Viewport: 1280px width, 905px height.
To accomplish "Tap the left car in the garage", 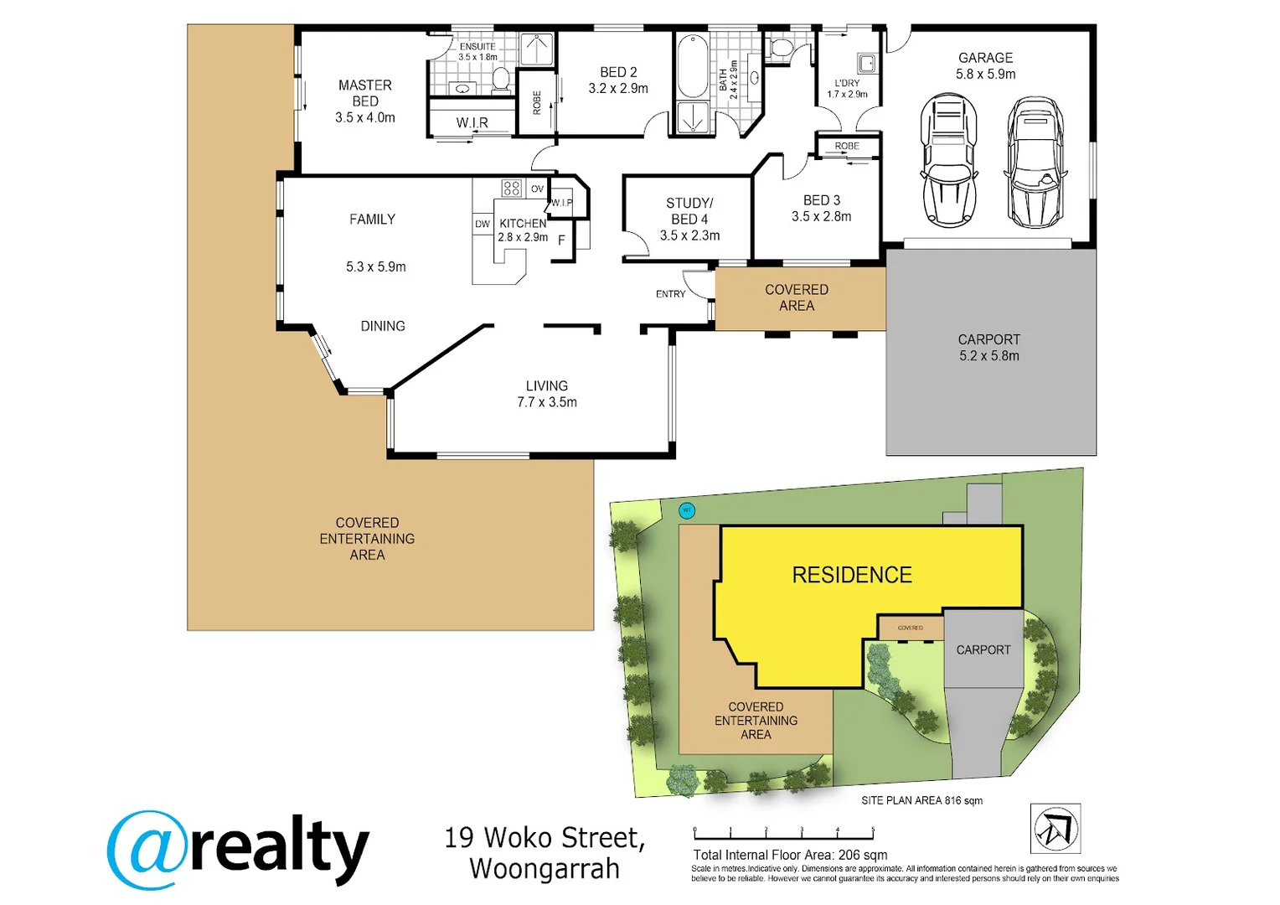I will [x=948, y=161].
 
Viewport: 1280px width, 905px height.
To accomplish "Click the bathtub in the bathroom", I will [x=692, y=66].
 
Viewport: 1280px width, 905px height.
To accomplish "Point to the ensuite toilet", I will [x=501, y=79].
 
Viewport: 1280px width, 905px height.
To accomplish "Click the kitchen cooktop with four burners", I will [x=512, y=188].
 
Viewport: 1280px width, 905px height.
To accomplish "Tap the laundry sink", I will [x=866, y=63].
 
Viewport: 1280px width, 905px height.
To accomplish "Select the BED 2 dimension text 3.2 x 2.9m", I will [x=618, y=89].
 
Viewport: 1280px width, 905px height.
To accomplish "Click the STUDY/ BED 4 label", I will [x=689, y=211].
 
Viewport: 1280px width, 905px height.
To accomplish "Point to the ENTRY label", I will [x=670, y=294].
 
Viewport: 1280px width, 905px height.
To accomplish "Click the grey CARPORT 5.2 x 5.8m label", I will [x=989, y=348].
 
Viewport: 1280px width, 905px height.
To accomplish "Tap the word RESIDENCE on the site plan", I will [x=852, y=576].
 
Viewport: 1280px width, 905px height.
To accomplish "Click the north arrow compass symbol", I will [x=1055, y=829].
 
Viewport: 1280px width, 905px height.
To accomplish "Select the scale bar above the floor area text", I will [x=784, y=835].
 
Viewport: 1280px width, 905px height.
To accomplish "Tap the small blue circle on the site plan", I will [x=687, y=510].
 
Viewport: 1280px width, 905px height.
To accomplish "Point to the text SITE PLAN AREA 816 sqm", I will [x=921, y=801].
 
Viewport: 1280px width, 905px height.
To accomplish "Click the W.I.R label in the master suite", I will [x=472, y=123].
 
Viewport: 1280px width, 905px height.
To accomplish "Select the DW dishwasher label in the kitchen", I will [x=483, y=225].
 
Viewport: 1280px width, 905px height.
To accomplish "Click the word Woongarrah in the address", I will [x=545, y=869].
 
